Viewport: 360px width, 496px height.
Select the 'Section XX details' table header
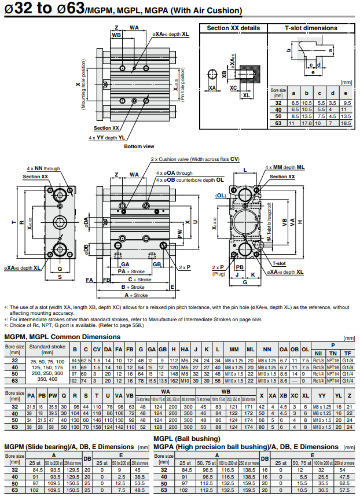[x=233, y=28]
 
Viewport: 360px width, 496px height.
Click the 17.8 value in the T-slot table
[x=307, y=123]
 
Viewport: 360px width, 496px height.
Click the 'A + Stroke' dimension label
[x=136, y=295]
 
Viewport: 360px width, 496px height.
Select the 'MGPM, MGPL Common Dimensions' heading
[x=63, y=336]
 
